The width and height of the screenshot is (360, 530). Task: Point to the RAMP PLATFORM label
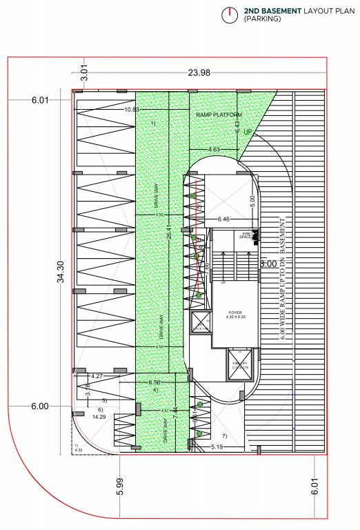pyautogui.click(x=219, y=115)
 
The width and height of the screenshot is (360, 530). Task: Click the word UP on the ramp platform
pyautogui.click(x=248, y=131)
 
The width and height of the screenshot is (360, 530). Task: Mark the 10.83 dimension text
pyautogui.click(x=132, y=109)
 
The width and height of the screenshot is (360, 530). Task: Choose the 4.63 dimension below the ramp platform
pyautogui.click(x=214, y=149)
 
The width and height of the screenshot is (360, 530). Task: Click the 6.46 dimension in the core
pyautogui.click(x=223, y=219)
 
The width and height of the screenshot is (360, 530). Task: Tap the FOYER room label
pyautogui.click(x=235, y=313)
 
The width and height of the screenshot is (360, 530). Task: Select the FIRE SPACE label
pyautogui.click(x=244, y=236)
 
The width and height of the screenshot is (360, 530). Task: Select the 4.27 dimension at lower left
pyautogui.click(x=97, y=376)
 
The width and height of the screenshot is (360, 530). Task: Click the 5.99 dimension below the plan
pyautogui.click(x=121, y=487)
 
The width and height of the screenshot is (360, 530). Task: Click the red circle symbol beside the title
pyautogui.click(x=228, y=14)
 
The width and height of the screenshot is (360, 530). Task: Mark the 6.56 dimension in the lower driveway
pyautogui.click(x=154, y=382)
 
